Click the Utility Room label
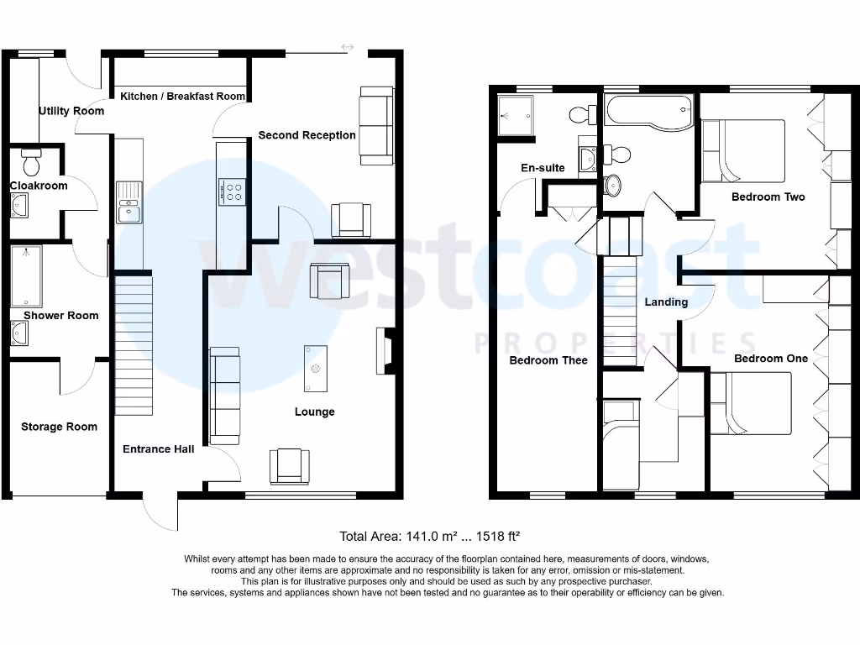pyautogui.click(x=71, y=111)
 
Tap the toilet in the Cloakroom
pyautogui.click(x=31, y=159)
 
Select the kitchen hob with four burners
pyautogui.click(x=232, y=192)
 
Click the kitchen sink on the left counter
pyautogui.click(x=128, y=202)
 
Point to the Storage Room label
pyautogui.click(x=59, y=427)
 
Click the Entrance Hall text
pyautogui.click(x=158, y=448)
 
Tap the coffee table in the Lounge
pyautogui.click(x=316, y=369)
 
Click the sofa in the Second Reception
pyautogui.click(x=376, y=125)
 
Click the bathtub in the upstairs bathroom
pyautogui.click(x=648, y=112)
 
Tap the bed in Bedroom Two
pyautogui.click(x=742, y=151)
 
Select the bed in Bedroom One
pyautogui.click(x=751, y=403)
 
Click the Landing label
pyautogui.click(x=666, y=302)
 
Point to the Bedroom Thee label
pyautogui.click(x=548, y=360)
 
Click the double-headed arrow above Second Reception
pyautogui.click(x=347, y=46)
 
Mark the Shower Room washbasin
pyautogui.click(x=19, y=335)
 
